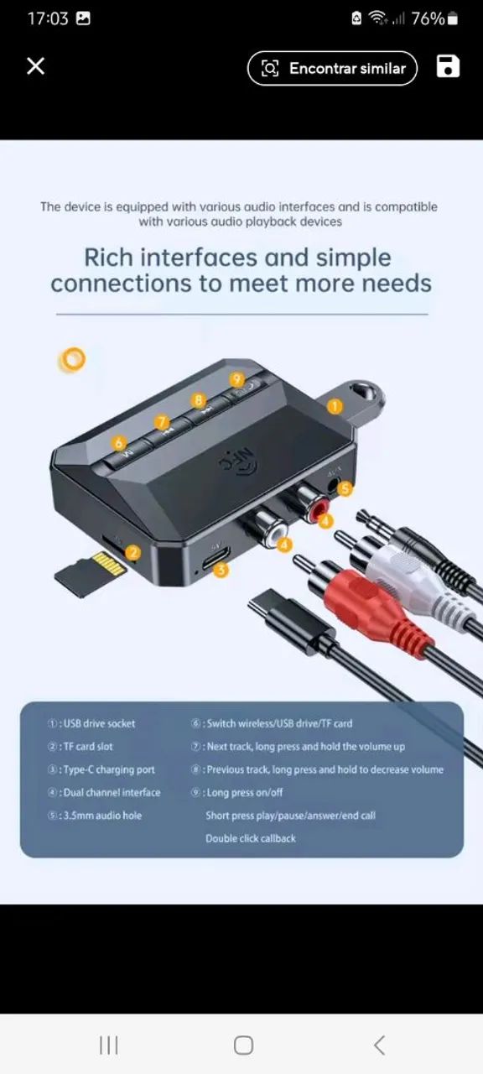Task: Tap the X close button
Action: pyautogui.click(x=35, y=66)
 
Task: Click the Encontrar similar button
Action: pyautogui.click(x=332, y=69)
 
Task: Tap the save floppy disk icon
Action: pyautogui.click(x=448, y=67)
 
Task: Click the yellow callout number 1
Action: pyautogui.click(x=335, y=406)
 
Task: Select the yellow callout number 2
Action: pyautogui.click(x=132, y=552)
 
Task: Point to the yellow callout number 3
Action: pyautogui.click(x=221, y=570)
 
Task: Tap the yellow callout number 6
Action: pyautogui.click(x=120, y=442)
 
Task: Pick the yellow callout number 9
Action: pyautogui.click(x=236, y=379)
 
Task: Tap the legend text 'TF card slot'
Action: pyautogui.click(x=87, y=747)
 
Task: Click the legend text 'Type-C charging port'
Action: pyautogui.click(x=109, y=769)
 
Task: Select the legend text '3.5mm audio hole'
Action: pyautogui.click(x=102, y=816)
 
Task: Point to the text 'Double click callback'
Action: pyautogui.click(x=251, y=838)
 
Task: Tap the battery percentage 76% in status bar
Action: pyautogui.click(x=428, y=18)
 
